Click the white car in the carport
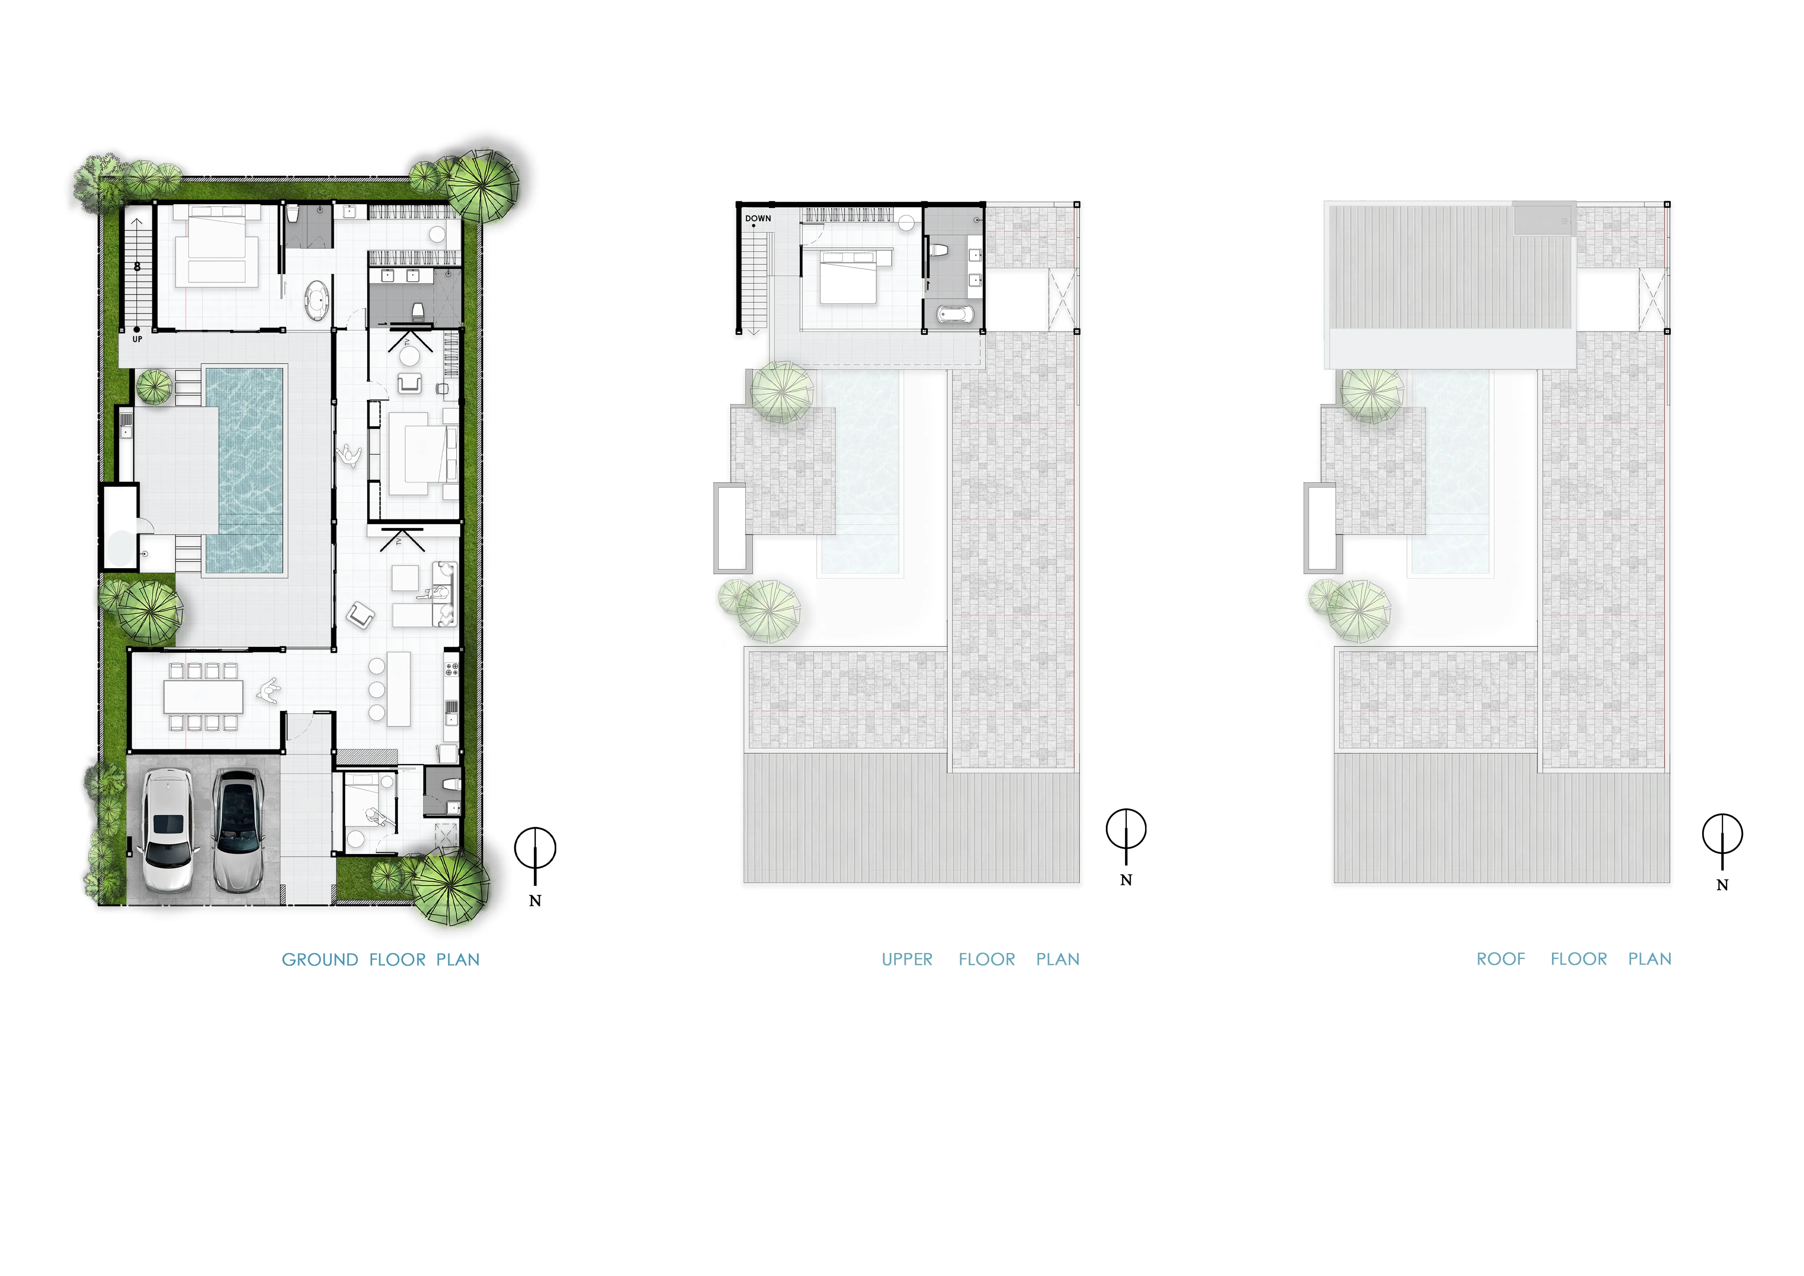[167, 830]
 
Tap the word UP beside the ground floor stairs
[137, 339]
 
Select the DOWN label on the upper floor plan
[758, 219]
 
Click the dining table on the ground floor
[204, 696]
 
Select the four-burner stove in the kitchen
[452, 669]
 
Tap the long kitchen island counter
[399, 688]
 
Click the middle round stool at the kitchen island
[376, 689]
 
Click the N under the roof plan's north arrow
[1722, 885]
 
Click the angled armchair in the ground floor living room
[361, 615]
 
